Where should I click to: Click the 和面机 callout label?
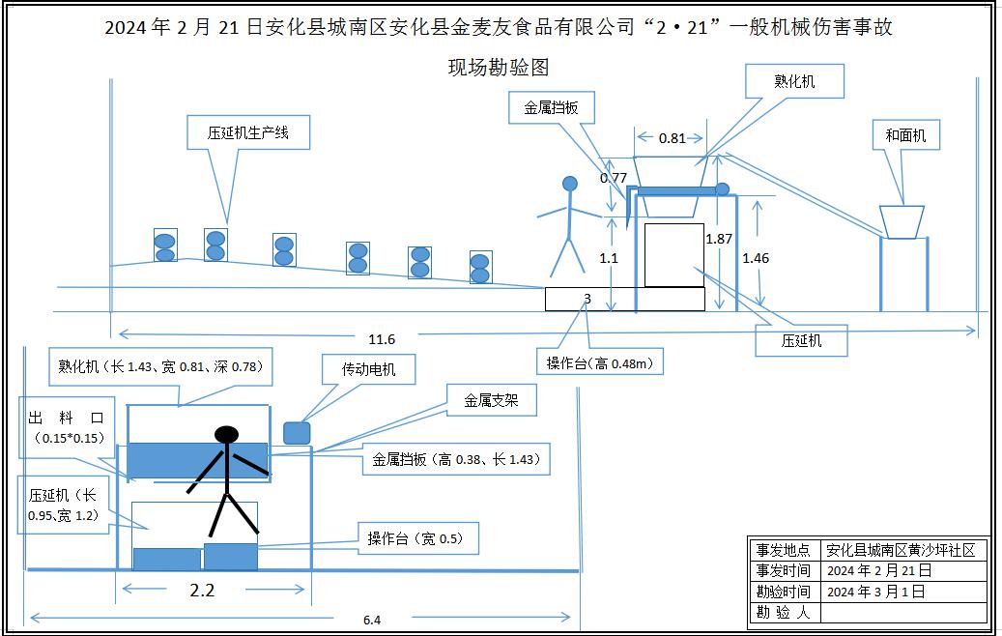[905, 135]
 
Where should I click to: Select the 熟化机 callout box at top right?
[794, 81]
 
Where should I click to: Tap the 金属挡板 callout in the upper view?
[551, 108]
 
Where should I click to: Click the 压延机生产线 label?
[248, 132]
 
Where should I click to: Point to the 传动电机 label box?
[367, 368]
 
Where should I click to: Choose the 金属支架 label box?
[491, 399]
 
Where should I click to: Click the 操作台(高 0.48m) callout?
[601, 363]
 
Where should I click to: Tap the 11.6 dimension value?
[382, 339]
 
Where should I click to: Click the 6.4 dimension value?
[372, 620]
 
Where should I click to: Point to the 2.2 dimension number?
[202, 590]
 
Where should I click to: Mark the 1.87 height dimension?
[718, 238]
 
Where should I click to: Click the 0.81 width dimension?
[673, 138]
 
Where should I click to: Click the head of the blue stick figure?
[570, 183]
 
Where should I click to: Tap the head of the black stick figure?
[226, 434]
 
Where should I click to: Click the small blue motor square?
[297, 432]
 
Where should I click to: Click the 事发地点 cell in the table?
[784, 550]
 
